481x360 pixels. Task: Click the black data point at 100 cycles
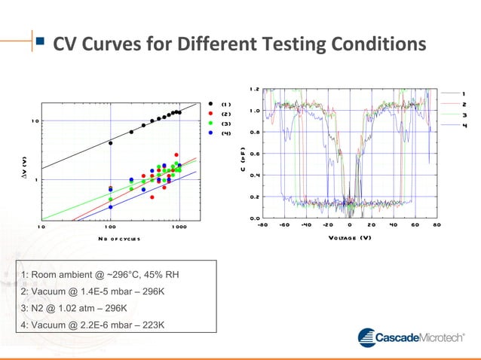coord(111,143)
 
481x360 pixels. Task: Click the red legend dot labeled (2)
coord(211,114)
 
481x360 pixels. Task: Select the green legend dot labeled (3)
coord(211,123)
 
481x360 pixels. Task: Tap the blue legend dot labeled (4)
coord(211,133)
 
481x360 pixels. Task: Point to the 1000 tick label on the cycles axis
coord(179,226)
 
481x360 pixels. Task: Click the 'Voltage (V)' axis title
coord(350,238)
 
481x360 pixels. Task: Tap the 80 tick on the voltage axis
coord(436,224)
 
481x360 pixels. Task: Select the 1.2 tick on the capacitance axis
coord(255,89)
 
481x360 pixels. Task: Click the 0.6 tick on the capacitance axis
coord(255,154)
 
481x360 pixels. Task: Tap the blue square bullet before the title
coord(39,44)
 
